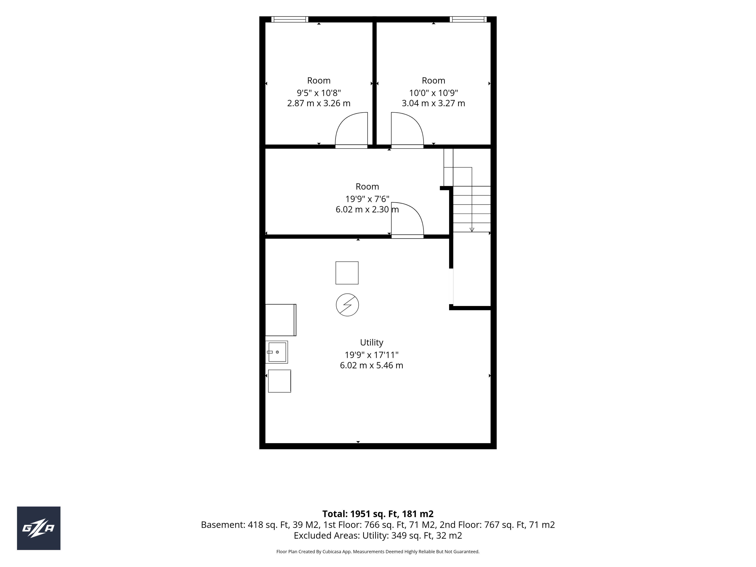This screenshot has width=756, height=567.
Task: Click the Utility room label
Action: [372, 342]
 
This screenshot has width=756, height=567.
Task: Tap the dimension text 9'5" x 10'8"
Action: [319, 93]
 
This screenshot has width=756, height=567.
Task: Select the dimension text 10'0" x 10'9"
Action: [433, 93]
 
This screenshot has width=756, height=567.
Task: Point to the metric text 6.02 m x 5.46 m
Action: [372, 365]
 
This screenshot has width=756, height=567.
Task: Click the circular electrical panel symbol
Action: [347, 305]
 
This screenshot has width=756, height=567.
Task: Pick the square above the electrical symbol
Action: [347, 273]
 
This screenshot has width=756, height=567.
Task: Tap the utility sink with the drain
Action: [277, 352]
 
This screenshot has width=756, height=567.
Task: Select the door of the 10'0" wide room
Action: [407, 130]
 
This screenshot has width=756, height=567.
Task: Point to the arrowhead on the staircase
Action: [472, 230]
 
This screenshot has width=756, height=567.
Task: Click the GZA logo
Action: [39, 528]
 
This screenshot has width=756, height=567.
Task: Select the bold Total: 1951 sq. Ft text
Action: [360, 514]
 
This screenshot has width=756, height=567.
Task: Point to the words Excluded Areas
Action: [327, 535]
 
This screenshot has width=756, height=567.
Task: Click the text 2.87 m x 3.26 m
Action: [319, 103]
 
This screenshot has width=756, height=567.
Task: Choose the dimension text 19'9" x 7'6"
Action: [367, 199]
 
